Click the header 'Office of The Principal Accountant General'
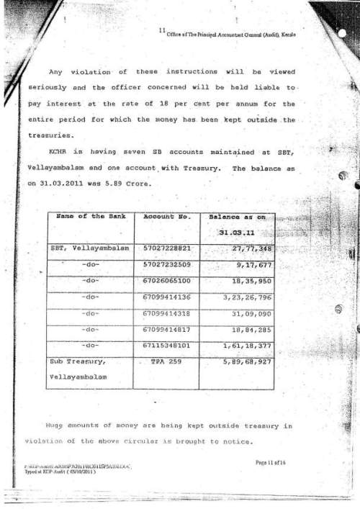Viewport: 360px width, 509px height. click(230, 35)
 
